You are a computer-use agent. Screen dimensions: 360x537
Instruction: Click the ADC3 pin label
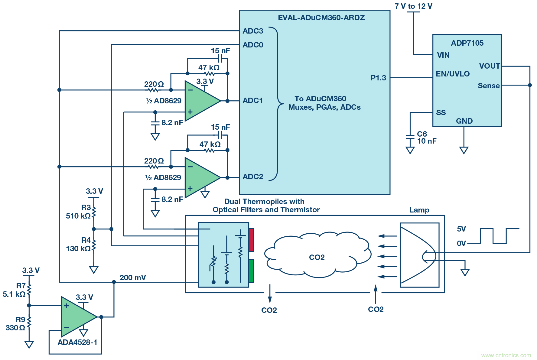click(x=253, y=31)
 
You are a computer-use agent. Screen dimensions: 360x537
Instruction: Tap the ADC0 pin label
click(x=253, y=45)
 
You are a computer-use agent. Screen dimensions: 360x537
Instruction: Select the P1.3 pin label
click(x=378, y=78)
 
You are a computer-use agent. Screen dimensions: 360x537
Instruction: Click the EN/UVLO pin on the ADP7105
click(x=452, y=74)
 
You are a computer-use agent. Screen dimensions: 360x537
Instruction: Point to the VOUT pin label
click(x=489, y=66)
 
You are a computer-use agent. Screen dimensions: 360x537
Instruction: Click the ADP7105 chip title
click(x=467, y=43)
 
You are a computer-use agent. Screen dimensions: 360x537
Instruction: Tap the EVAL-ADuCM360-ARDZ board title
click(x=321, y=18)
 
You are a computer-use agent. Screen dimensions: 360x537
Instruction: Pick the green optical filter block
click(x=251, y=271)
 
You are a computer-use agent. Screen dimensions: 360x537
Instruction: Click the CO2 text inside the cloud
click(x=317, y=257)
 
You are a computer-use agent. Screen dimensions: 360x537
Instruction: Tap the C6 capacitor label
click(x=422, y=134)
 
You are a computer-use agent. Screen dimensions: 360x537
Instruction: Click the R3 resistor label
click(x=86, y=207)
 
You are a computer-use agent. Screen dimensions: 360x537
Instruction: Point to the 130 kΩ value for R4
click(x=78, y=248)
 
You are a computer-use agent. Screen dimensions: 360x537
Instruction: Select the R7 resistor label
click(x=21, y=286)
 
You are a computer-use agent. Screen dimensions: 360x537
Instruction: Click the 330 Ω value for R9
click(x=15, y=328)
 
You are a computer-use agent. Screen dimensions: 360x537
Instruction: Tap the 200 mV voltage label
click(x=133, y=277)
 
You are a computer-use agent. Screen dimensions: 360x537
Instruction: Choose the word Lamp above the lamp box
click(x=419, y=210)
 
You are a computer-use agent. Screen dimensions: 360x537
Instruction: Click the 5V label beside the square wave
click(x=461, y=229)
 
